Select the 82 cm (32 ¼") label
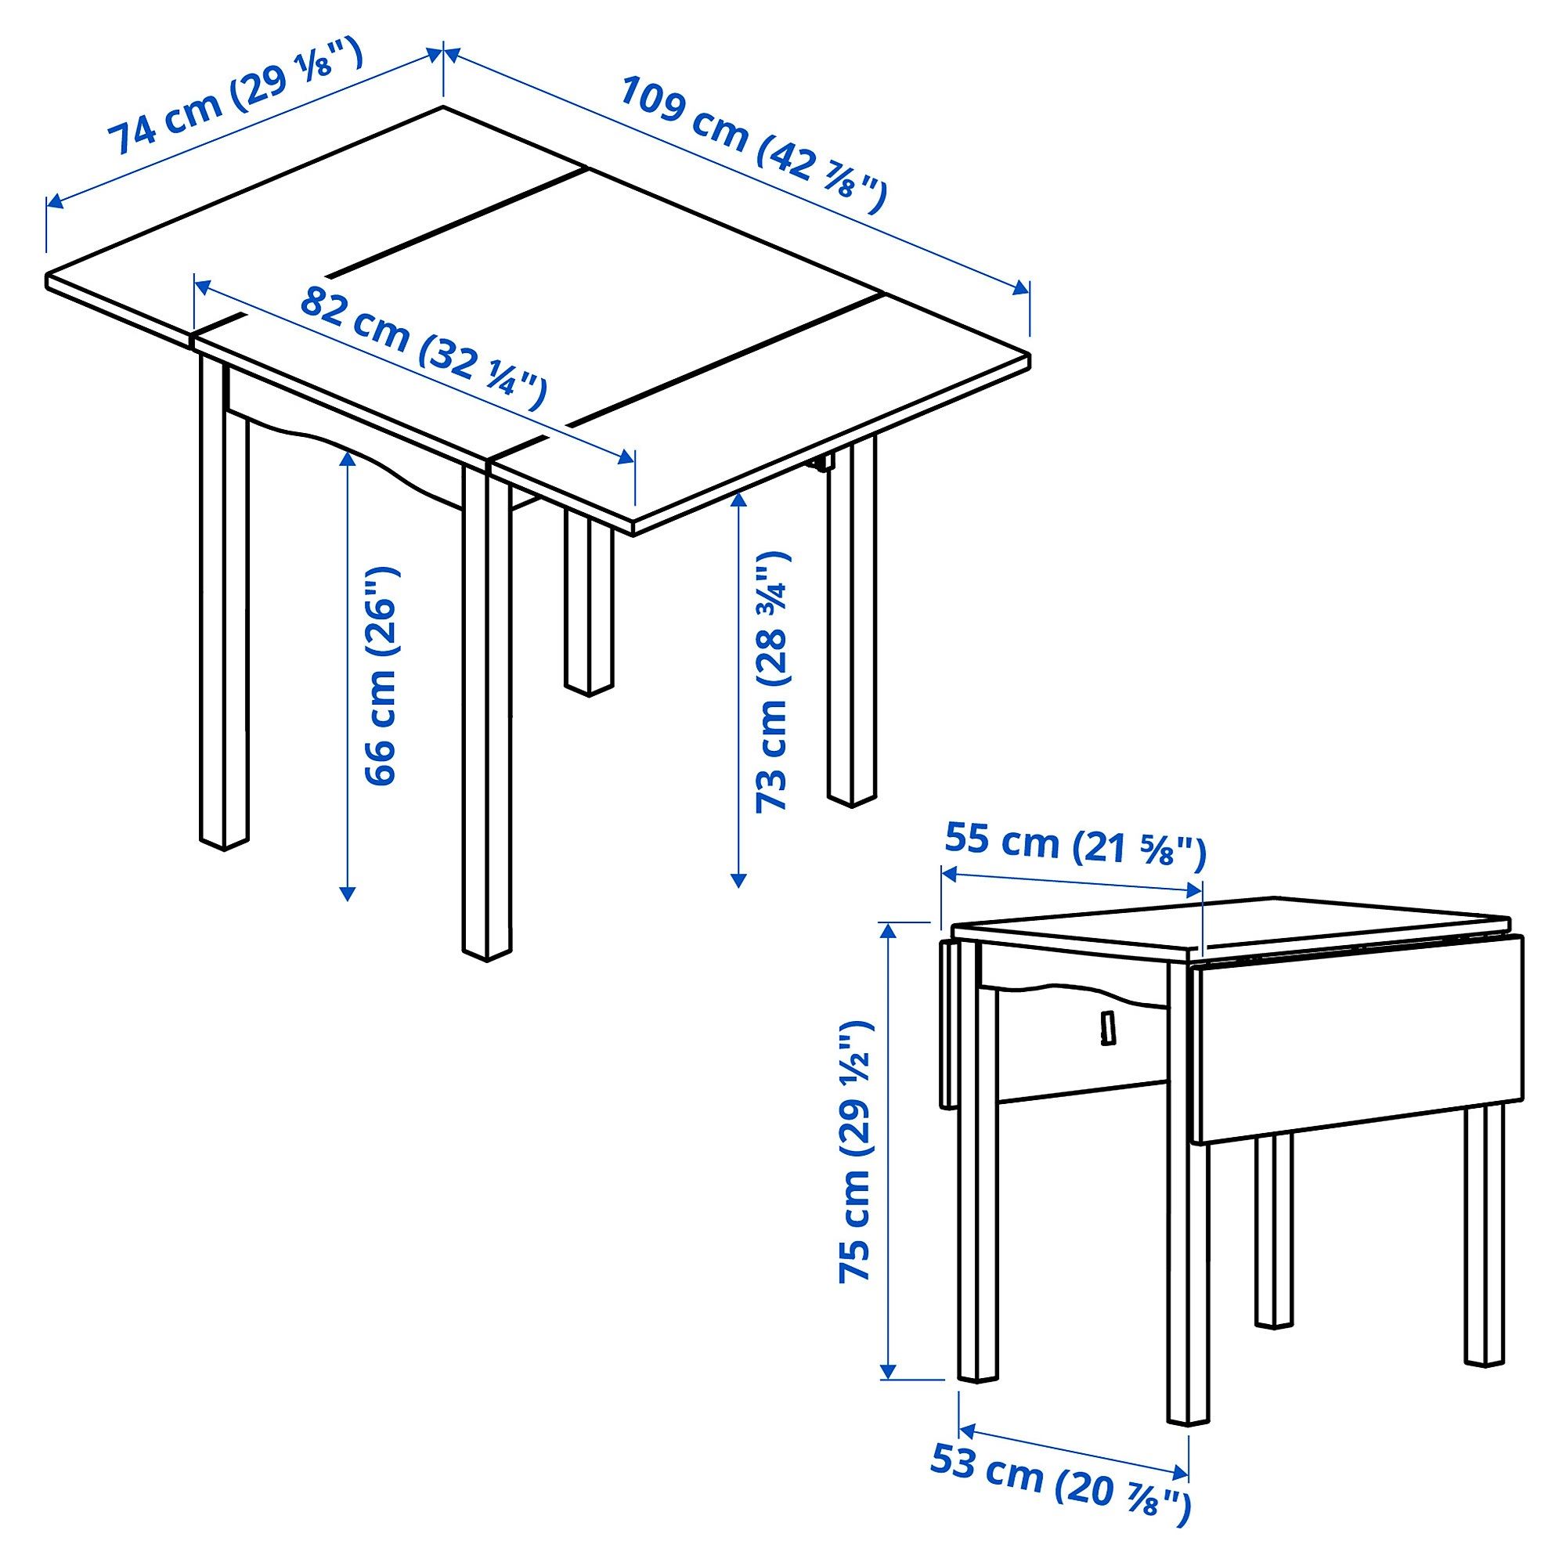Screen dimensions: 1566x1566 pyautogui.click(x=422, y=349)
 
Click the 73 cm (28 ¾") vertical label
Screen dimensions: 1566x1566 pyautogui.click(x=770, y=681)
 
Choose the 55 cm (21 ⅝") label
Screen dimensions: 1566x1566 pyautogui.click(x=1075, y=843)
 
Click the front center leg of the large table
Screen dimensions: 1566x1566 pyautogui.click(x=487, y=713)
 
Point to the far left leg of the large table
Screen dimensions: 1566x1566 pyautogui.click(x=223, y=608)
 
